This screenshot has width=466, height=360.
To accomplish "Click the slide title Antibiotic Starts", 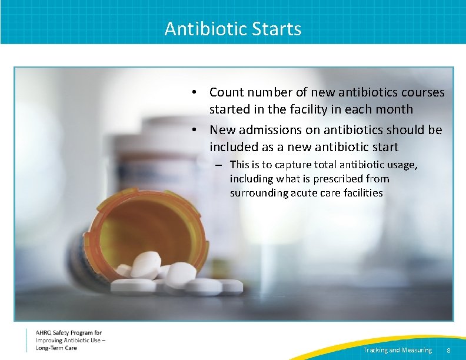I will pyautogui.click(x=233, y=29).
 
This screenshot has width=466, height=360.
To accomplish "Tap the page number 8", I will pyautogui.click(x=448, y=351).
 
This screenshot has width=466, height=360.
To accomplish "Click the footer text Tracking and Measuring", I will pyautogui.click(x=397, y=351).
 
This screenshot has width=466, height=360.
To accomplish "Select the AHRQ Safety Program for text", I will pyautogui.click(x=68, y=333).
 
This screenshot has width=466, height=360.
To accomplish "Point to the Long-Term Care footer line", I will pyautogui.click(x=56, y=348).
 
